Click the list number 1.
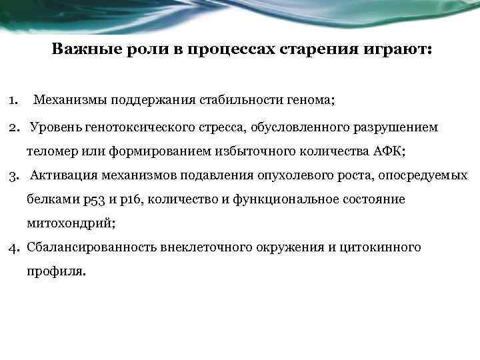pos(13,101)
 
